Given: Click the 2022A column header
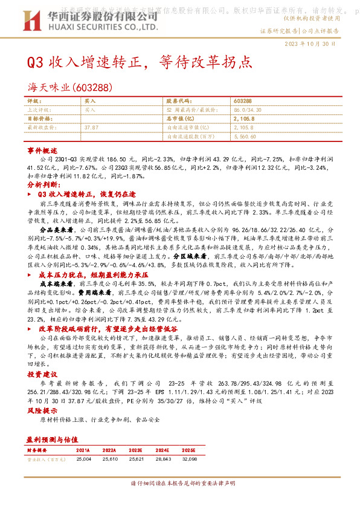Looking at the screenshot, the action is [x=109, y=450].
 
